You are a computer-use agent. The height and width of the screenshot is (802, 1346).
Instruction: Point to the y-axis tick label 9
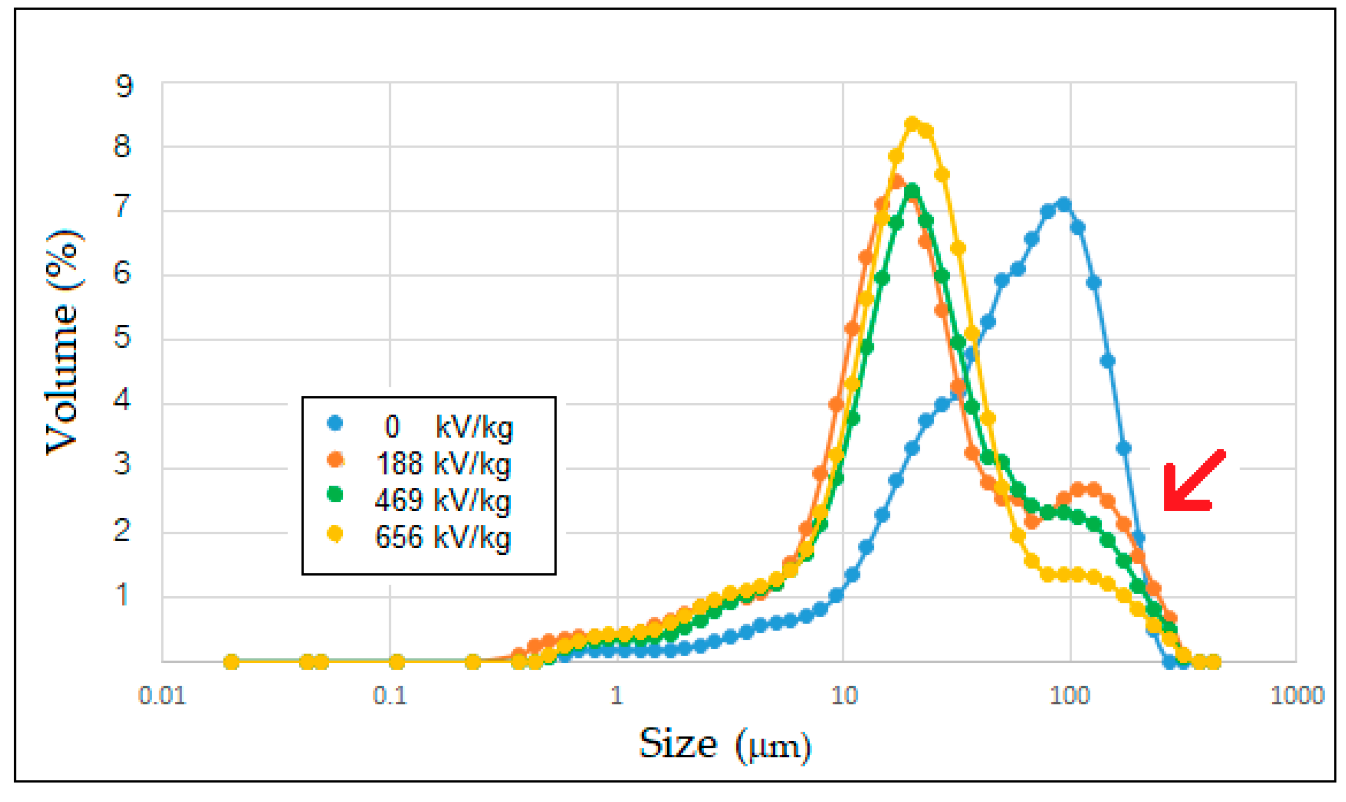pos(124,86)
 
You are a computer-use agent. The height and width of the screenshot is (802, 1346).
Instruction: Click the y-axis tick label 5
pos(122,338)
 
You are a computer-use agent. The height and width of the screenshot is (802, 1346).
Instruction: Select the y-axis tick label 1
pos(122,595)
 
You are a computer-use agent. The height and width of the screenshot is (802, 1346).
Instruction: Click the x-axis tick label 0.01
pos(162,696)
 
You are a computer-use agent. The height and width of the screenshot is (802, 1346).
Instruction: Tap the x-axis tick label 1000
pos(1297,696)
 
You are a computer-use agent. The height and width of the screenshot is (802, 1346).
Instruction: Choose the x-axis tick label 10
pos(844,696)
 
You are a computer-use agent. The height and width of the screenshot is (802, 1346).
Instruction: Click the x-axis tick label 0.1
pos(390,696)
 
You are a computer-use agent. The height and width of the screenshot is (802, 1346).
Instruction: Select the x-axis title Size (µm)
pos(724,746)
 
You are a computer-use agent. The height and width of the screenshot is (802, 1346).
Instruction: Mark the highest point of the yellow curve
pos(912,124)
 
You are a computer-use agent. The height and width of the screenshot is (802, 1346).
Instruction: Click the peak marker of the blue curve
pos(1064,205)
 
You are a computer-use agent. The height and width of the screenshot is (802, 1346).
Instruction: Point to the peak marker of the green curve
pos(912,191)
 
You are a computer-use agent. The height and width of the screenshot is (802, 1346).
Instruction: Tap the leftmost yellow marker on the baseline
pos(232,662)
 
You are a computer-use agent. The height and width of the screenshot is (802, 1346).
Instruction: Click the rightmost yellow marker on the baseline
pos(1214,662)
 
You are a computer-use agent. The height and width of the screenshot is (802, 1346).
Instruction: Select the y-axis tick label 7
pos(122,206)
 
